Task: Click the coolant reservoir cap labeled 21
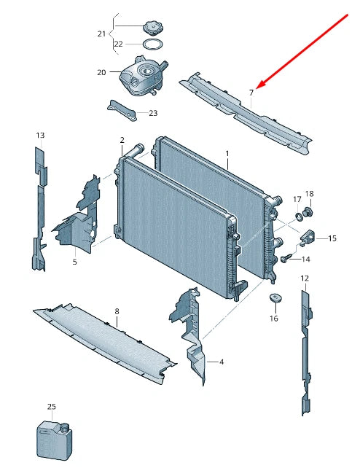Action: click(153, 28)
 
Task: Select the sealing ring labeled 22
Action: click(153, 44)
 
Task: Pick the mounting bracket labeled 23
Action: click(122, 110)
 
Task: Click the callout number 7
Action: click(251, 93)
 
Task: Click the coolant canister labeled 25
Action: click(54, 440)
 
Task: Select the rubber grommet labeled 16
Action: click(275, 298)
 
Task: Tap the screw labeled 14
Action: click(286, 259)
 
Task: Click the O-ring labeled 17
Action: click(299, 216)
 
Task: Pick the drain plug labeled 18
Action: click(307, 213)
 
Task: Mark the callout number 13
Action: click(40, 135)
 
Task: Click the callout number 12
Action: click(305, 278)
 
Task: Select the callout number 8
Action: click(117, 311)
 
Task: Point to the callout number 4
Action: click(221, 362)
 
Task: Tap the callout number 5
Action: click(74, 262)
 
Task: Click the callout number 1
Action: click(227, 154)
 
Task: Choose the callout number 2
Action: click(122, 140)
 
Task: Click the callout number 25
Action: click(51, 407)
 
